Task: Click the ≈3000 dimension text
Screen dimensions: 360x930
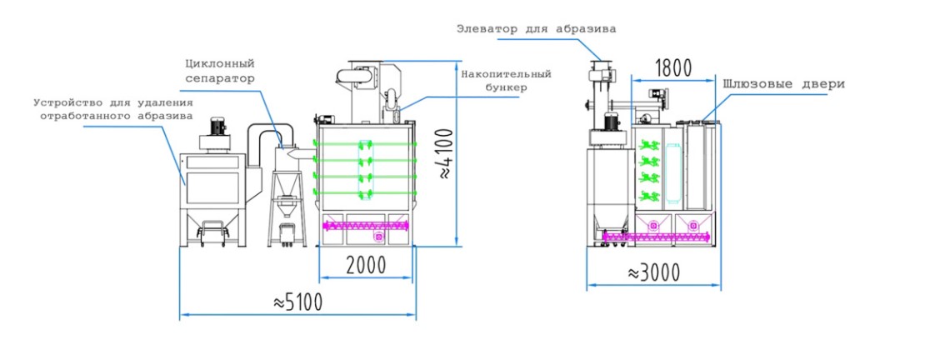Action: pos(652,272)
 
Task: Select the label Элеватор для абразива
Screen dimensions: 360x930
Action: pos(536,28)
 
